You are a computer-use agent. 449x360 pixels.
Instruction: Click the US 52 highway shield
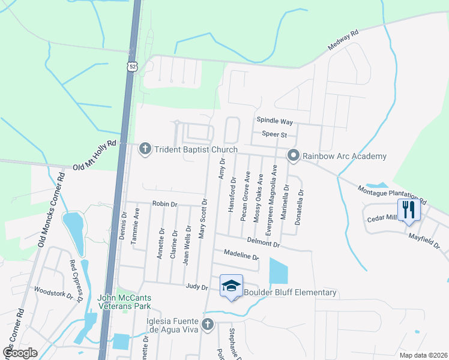(x=132, y=65)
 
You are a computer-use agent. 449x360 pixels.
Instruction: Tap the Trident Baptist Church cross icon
(x=145, y=149)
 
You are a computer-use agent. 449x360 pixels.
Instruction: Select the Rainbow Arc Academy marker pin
(x=294, y=156)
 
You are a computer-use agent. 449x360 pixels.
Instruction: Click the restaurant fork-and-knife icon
(x=409, y=210)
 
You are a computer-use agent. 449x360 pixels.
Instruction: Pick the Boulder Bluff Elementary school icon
(x=230, y=286)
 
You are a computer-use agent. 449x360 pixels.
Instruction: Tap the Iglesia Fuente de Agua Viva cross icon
(x=208, y=325)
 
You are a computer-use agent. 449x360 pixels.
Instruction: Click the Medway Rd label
(x=343, y=40)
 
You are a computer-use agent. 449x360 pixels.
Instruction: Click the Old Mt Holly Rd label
(x=94, y=155)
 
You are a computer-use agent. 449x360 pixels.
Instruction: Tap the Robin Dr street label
(x=165, y=204)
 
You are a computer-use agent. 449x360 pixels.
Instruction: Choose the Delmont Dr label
(x=264, y=242)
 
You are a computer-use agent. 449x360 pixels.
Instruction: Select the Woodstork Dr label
(x=53, y=292)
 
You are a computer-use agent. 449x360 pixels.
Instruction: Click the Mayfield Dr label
(x=424, y=241)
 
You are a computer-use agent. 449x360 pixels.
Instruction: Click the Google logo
(x=19, y=352)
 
